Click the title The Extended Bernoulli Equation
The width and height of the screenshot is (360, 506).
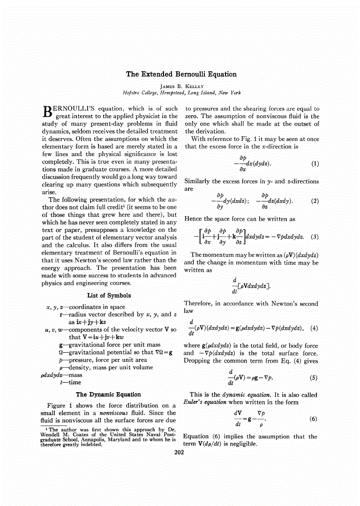181,74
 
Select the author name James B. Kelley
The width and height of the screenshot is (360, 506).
181,86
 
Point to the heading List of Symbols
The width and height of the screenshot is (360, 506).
109,296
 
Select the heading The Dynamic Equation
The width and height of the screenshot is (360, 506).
108,394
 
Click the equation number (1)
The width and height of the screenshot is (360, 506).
315,164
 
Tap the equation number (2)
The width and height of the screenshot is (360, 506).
315,201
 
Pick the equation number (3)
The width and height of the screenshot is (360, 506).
315,237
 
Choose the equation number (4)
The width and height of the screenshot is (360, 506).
315,328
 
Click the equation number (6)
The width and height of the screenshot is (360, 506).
315,419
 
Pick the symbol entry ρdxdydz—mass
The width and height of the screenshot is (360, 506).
61,375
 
